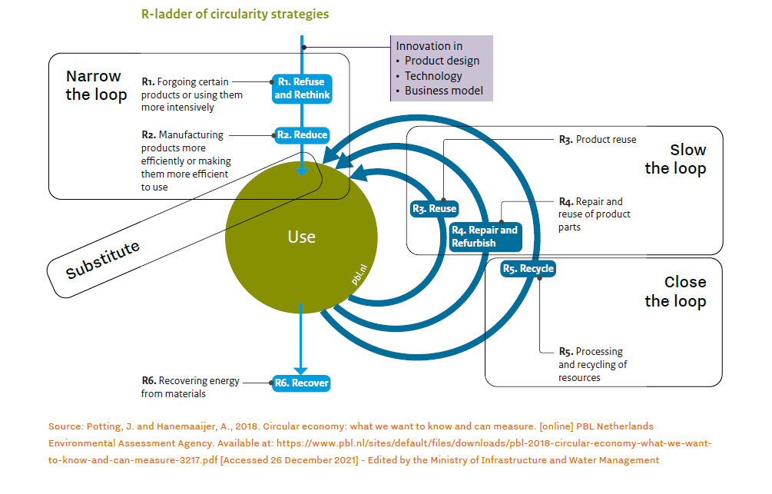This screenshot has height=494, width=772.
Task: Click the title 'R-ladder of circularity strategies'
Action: [x=235, y=14]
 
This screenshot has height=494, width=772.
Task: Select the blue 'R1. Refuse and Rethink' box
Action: [x=301, y=88]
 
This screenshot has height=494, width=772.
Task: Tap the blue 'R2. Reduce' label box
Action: [x=302, y=134]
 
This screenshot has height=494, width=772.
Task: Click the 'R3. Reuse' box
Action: [x=434, y=208]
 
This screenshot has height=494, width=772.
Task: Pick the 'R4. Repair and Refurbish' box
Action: [x=485, y=237]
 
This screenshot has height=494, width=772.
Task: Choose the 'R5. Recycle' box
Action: [x=528, y=269]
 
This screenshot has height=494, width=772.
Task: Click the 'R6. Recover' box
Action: [x=302, y=383]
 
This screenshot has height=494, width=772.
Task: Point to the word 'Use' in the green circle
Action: [x=301, y=237]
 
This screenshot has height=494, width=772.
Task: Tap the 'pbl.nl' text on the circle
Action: [x=358, y=276]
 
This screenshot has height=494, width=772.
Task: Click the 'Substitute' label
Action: [x=103, y=260]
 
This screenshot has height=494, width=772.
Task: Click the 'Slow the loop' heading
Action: [x=675, y=159]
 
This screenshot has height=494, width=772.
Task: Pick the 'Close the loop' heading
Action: [x=675, y=291]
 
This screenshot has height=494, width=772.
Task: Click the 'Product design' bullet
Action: [x=442, y=61]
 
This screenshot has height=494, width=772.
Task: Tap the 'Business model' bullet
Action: [x=444, y=91]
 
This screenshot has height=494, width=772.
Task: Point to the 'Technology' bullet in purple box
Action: [x=433, y=76]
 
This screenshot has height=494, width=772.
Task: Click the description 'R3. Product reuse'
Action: [x=598, y=140]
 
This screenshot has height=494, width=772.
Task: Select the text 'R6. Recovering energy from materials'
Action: [x=191, y=387]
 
